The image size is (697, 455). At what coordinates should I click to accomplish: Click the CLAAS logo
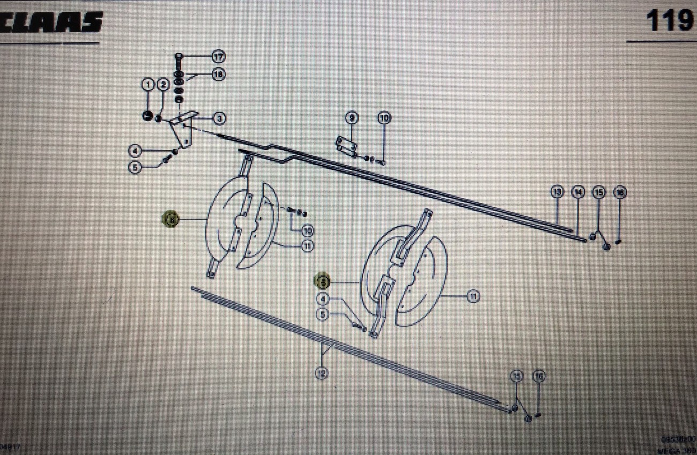tap(51, 23)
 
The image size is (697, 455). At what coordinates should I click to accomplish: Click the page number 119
tap(669, 21)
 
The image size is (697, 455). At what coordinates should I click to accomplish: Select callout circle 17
tap(218, 56)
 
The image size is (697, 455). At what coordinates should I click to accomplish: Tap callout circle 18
tap(218, 75)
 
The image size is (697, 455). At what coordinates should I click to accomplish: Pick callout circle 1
tap(147, 84)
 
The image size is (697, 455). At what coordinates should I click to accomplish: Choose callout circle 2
tap(163, 84)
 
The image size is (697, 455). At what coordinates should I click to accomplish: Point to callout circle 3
tap(219, 118)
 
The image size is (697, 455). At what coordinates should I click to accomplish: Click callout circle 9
tap(351, 118)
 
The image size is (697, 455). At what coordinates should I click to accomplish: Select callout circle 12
tap(322, 373)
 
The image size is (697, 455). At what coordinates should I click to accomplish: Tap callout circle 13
tap(558, 192)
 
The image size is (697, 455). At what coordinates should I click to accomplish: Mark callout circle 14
tap(577, 192)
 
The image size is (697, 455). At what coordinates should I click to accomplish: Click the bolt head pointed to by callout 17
tap(180, 56)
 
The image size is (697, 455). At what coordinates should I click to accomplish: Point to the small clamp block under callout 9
tap(347, 145)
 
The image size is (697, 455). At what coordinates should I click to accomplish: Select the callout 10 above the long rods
tap(384, 118)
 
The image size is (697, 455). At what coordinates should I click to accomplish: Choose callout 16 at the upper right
tap(620, 192)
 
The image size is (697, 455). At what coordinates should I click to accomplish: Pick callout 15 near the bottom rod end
tap(516, 376)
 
